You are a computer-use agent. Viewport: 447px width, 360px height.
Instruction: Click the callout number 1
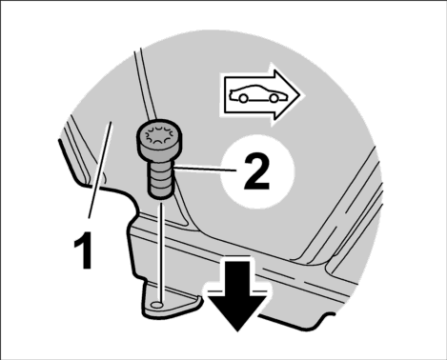(83, 250)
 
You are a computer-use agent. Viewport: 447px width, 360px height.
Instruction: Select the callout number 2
(256, 171)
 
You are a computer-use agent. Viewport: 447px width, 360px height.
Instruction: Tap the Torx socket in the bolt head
(159, 135)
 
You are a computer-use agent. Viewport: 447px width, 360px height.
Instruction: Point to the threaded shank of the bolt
(161, 179)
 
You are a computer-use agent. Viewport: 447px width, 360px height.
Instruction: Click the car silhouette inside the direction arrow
(257, 94)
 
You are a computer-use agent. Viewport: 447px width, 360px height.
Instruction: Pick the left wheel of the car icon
(243, 99)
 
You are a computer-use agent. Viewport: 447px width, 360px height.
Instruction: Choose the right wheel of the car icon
(274, 98)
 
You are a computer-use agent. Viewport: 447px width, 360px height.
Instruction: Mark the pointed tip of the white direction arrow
(299, 94)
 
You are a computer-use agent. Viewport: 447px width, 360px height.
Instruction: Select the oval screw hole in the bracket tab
(157, 305)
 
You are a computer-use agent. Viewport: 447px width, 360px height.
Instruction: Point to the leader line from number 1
(100, 170)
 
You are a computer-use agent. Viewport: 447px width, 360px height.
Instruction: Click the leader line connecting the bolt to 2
(205, 169)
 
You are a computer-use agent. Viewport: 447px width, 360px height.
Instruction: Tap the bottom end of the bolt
(161, 197)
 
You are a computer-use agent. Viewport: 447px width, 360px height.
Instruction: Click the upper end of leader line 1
(111, 122)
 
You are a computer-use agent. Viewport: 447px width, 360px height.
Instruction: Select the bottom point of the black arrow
(237, 331)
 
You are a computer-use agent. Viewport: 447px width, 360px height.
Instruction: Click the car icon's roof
(254, 86)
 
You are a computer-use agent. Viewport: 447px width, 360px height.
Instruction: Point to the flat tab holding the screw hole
(169, 302)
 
